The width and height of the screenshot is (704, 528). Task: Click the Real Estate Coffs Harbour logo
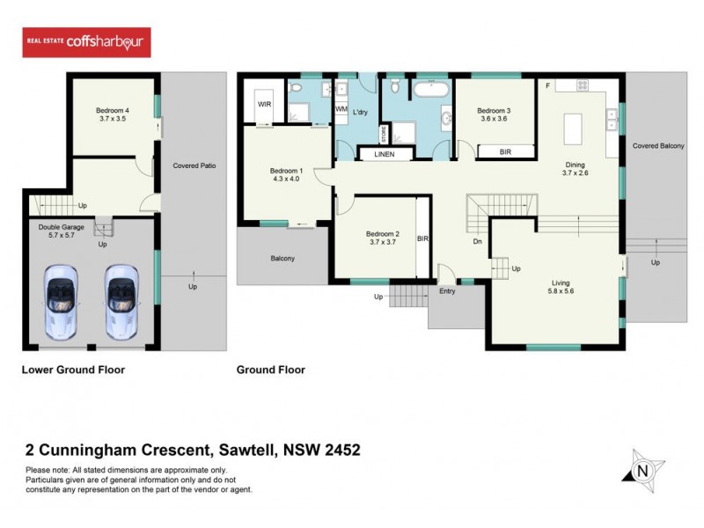pos(86,42)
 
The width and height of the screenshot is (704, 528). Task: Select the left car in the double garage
pos(66,300)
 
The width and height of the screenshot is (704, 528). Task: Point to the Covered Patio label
pos(194,165)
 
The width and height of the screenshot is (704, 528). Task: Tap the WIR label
pos(264,104)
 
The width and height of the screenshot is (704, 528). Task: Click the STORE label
pos(384,134)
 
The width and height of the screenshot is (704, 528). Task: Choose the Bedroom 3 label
pos(494,111)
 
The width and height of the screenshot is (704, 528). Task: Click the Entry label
pos(447,291)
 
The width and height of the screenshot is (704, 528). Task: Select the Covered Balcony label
pos(658,145)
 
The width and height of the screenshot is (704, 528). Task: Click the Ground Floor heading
pos(270,370)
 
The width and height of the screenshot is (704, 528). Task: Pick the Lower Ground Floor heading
pos(73,370)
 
